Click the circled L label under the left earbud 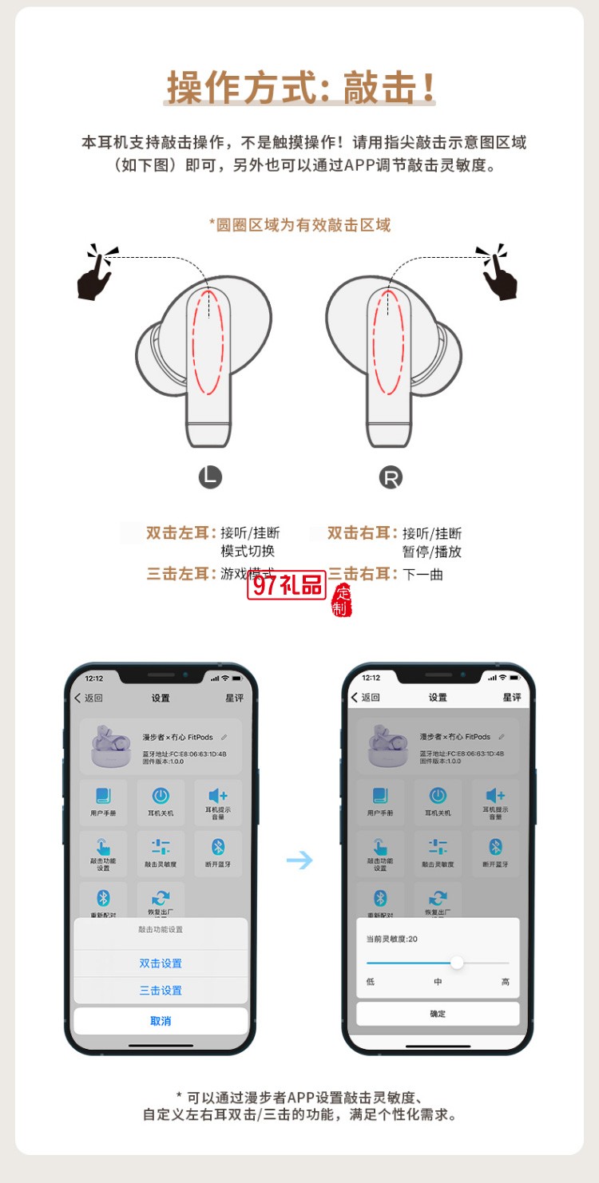210,477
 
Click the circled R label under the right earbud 391,478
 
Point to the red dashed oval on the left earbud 208,342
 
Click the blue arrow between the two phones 299,860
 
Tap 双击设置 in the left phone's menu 161,963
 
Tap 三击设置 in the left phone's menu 161,991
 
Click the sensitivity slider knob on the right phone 457,963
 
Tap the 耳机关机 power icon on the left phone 161,796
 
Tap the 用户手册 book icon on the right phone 380,796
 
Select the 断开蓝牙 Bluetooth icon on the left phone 218,848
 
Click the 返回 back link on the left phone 89,698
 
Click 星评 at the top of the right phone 511,698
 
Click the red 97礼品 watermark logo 286,586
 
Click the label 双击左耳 181,532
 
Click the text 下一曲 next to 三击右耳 422,574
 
